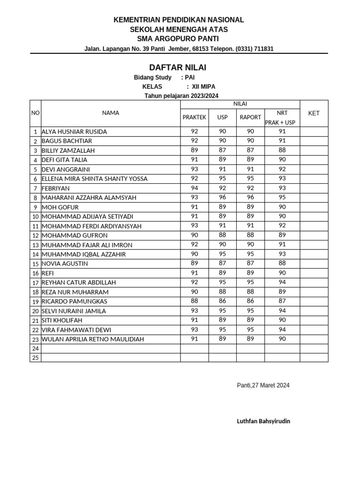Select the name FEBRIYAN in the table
click(56, 188)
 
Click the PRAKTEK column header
click(194, 117)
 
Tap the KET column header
click(314, 113)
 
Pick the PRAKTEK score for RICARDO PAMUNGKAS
click(194, 301)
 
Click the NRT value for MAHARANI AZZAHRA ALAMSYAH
click(282, 197)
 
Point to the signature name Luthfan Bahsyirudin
click(263, 421)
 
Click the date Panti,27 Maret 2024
click(263, 385)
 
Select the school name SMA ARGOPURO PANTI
click(179, 38)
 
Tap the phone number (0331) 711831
click(255, 49)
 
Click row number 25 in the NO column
click(35, 358)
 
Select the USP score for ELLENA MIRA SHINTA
click(222, 179)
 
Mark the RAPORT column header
click(250, 117)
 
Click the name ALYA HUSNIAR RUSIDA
click(74, 132)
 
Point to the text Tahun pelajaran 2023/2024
click(181, 96)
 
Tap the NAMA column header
click(111, 113)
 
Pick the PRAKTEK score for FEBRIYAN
click(194, 188)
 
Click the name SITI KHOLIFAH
click(62, 320)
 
